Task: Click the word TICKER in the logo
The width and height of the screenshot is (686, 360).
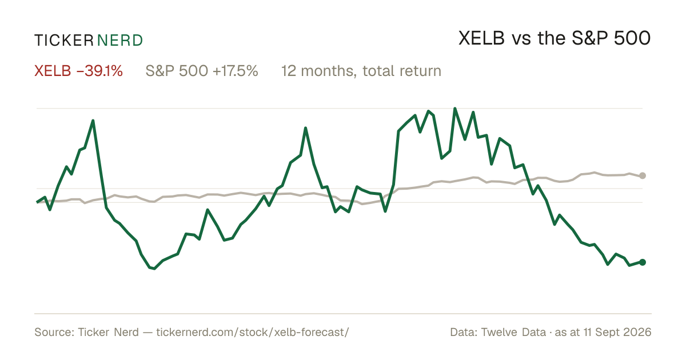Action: (x=63, y=41)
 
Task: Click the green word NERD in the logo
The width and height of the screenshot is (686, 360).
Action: (x=120, y=41)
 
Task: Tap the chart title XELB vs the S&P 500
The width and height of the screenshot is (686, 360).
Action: (x=555, y=38)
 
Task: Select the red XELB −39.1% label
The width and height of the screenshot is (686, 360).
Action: (x=78, y=71)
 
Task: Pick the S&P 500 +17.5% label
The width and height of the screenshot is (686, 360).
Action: (x=202, y=71)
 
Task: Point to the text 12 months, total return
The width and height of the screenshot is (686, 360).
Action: (x=361, y=71)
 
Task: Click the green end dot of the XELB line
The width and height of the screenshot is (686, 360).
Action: (x=643, y=262)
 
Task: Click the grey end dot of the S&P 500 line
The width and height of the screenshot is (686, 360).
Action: (x=643, y=175)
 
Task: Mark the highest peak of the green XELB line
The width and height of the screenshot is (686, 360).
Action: (x=455, y=109)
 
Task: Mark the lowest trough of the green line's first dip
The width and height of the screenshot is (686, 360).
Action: (x=154, y=269)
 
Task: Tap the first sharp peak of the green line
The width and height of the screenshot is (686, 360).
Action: (x=93, y=121)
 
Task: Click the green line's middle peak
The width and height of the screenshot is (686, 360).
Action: (x=305, y=128)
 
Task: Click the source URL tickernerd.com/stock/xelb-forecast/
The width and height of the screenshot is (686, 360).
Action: (x=253, y=332)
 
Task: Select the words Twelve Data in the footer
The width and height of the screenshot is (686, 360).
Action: (x=513, y=332)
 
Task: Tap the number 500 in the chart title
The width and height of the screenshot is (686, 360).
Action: (x=632, y=38)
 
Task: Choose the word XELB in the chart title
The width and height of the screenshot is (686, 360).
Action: (x=481, y=38)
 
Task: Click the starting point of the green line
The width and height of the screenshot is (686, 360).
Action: (x=37, y=202)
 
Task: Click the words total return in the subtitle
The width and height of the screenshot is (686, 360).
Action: (x=402, y=71)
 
